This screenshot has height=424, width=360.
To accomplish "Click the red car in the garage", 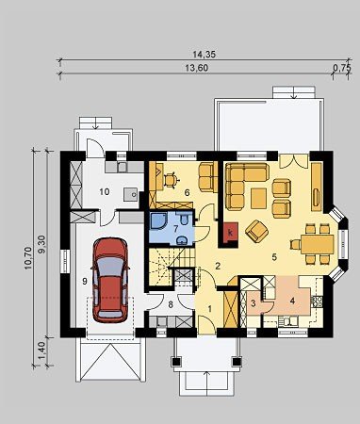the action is [x=110, y=280].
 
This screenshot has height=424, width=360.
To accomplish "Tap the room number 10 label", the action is [x=105, y=191].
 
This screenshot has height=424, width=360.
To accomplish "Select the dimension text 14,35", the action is [x=205, y=55].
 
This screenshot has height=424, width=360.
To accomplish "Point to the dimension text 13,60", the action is [x=196, y=68].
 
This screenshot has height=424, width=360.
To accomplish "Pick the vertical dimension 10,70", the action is [x=28, y=258].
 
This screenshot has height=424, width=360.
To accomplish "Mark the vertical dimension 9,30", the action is [x=42, y=244].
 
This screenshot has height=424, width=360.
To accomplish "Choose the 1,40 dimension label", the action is [x=42, y=351].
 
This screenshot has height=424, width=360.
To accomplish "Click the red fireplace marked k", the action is [x=231, y=234].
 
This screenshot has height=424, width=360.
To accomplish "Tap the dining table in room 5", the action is [x=318, y=244].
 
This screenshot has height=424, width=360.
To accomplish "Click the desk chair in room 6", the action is [x=171, y=180].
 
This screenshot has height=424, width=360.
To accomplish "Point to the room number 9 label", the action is [x=85, y=282].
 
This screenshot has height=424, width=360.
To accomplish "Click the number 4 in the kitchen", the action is [x=292, y=301].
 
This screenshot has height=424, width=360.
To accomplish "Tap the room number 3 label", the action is [x=254, y=303].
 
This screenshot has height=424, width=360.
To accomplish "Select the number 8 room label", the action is [x=171, y=304].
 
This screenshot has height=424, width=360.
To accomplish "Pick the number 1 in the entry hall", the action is [x=210, y=309].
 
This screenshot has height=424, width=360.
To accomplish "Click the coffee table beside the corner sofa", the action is [x=259, y=198].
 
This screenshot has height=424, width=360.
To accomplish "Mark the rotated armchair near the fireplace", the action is [x=256, y=231].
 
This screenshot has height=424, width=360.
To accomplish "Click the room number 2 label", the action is [x=218, y=266].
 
